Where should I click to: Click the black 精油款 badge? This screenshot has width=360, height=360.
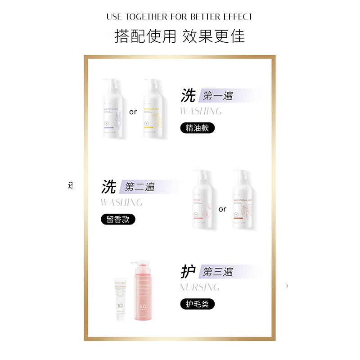click(x=198, y=127)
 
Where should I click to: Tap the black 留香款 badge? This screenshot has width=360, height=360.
click(x=118, y=219)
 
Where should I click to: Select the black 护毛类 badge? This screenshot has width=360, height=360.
click(x=198, y=304)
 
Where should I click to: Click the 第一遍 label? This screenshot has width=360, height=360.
click(x=218, y=95)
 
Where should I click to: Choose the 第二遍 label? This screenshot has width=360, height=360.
click(x=139, y=187)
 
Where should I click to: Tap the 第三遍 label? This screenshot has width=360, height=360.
click(x=218, y=271)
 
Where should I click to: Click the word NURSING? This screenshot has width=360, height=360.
click(x=199, y=287)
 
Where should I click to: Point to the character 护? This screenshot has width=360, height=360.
click(x=188, y=271)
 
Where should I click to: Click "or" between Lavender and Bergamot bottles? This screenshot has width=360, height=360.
click(x=133, y=112)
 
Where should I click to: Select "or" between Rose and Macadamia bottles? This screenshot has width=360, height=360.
click(x=222, y=209)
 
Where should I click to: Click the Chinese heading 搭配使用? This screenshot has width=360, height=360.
click(x=145, y=36)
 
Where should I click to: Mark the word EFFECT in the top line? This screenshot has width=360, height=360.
click(x=238, y=17)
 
